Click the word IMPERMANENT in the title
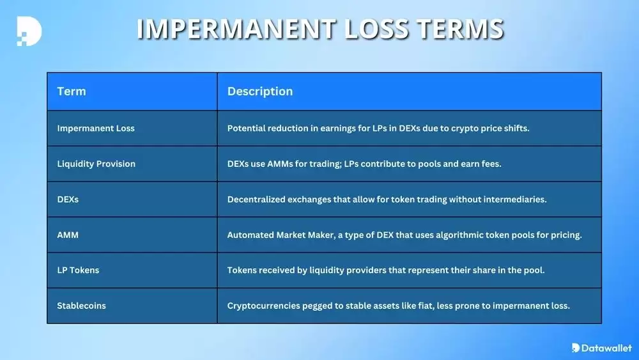pos(236,29)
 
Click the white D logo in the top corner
pos(29,31)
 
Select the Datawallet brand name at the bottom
pos(606,348)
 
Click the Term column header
pos(72,91)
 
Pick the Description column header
pos(260,91)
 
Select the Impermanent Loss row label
pos(96,128)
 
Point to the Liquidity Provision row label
pos(96,164)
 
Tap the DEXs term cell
pos(68,200)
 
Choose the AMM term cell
pos(68,235)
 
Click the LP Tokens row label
pos(78,270)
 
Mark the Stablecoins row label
pos(81,306)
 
